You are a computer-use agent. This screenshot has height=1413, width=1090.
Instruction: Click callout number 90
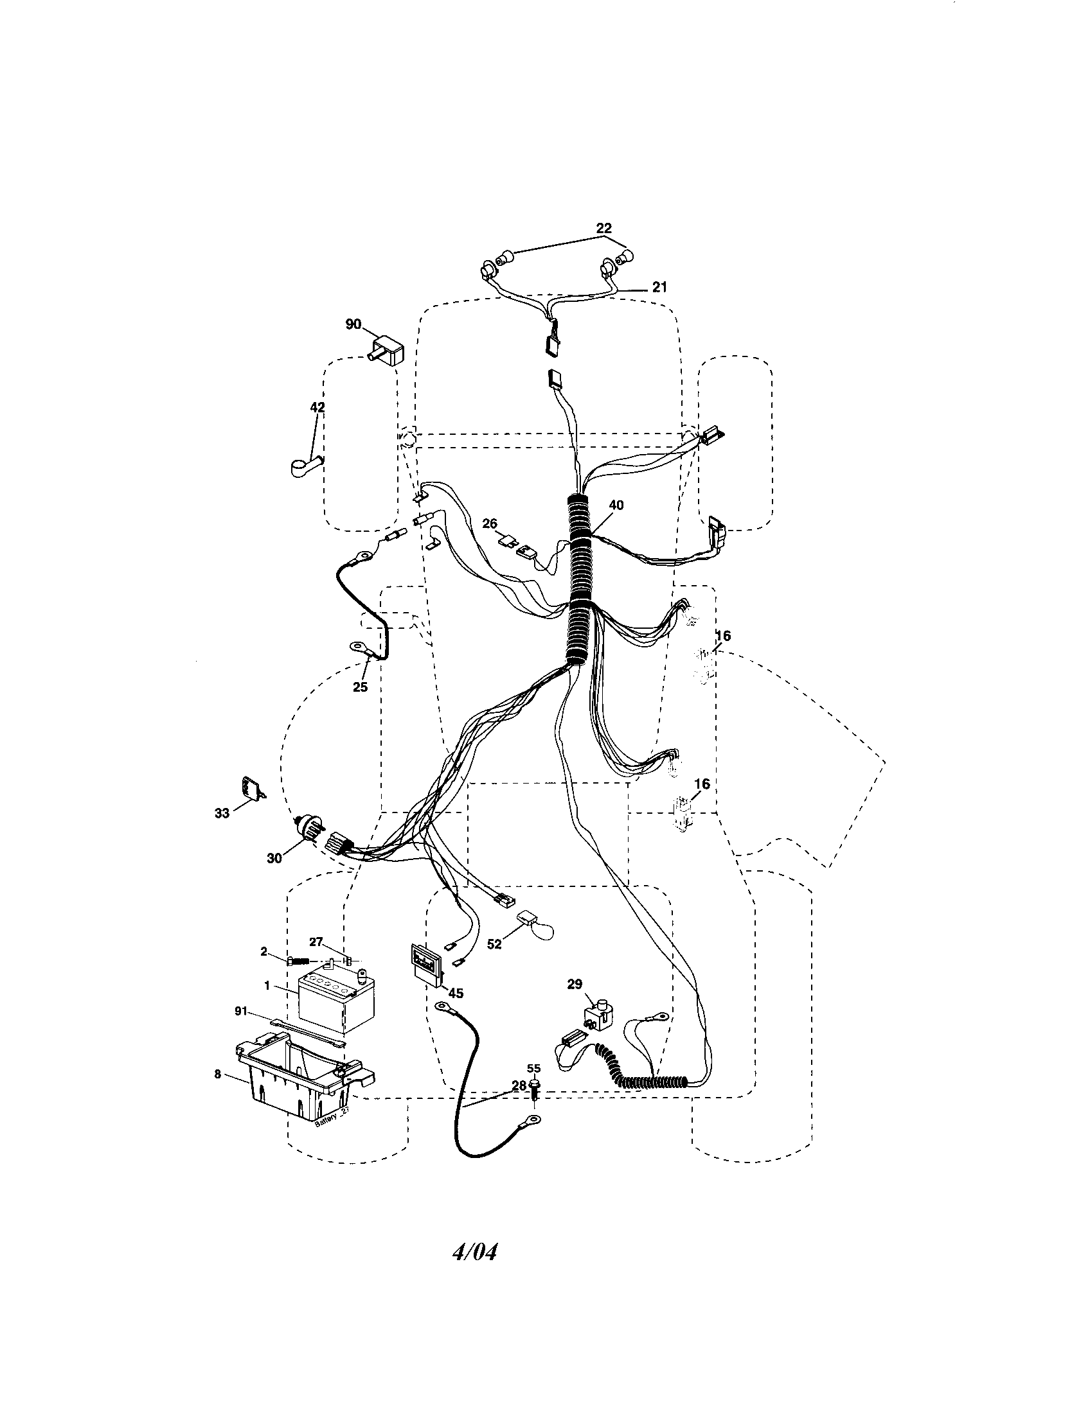point(353,324)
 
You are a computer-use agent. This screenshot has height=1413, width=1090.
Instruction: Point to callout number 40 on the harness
point(616,505)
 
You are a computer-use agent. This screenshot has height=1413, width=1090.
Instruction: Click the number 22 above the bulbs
point(603,228)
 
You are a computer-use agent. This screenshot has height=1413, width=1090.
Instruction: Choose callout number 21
point(659,287)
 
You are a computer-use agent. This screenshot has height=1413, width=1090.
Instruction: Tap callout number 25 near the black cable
point(360,687)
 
